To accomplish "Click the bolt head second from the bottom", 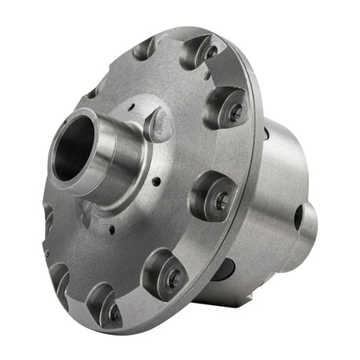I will pos(174,275).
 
